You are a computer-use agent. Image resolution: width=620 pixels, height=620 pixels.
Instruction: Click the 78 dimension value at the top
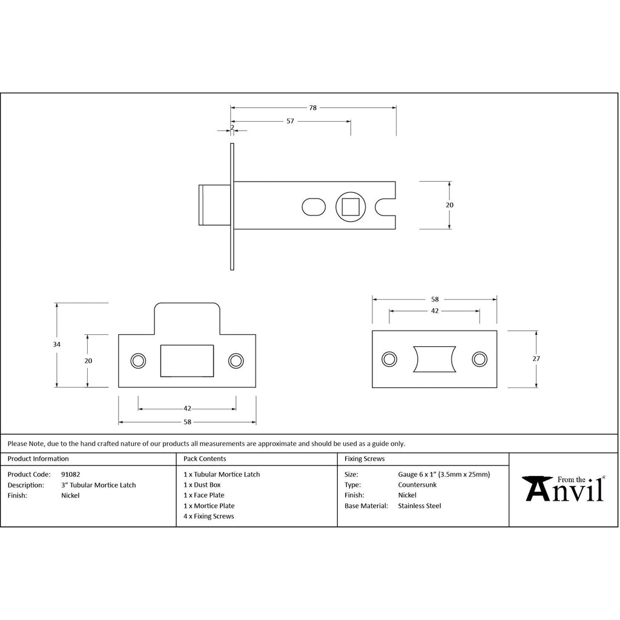[313, 108]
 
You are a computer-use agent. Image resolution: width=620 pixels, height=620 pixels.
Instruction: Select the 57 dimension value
[290, 121]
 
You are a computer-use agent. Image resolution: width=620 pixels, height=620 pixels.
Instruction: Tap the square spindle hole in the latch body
[351, 207]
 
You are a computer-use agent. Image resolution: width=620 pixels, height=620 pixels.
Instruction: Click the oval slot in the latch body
[314, 207]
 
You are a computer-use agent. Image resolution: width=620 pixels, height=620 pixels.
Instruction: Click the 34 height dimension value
[56, 345]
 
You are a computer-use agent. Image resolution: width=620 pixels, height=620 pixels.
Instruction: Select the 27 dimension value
[536, 358]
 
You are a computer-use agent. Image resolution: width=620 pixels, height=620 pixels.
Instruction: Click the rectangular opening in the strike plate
[187, 361]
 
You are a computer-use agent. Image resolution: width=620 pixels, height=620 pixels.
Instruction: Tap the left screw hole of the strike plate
[138, 361]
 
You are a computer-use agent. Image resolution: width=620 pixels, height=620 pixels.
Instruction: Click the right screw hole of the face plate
[480, 359]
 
